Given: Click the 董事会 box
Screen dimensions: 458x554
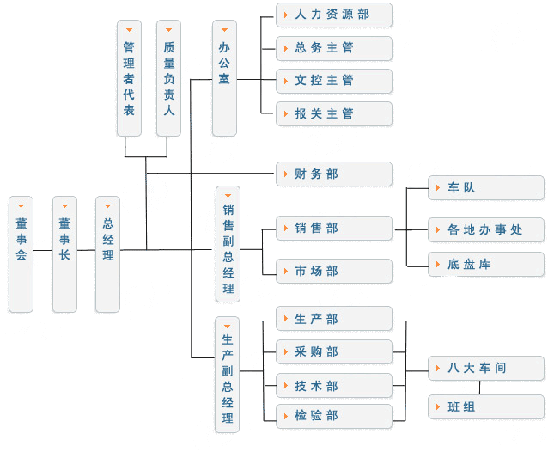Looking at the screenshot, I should [x=21, y=253].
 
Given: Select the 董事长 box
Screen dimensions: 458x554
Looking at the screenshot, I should [x=64, y=253].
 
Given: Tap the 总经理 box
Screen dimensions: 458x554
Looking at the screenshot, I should [x=107, y=253].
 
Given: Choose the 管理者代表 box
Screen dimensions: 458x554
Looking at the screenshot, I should [x=129, y=78].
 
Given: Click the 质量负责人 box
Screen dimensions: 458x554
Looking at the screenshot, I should [x=169, y=78].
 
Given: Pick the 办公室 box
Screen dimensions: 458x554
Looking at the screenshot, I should [x=224, y=78].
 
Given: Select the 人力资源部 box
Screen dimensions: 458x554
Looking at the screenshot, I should [x=334, y=15].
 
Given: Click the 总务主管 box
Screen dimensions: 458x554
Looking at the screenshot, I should [x=334, y=47].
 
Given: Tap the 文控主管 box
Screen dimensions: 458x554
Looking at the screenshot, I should [x=334, y=81].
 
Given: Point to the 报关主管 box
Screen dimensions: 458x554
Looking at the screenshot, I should [x=334, y=113].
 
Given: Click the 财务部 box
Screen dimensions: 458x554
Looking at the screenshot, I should [x=334, y=174].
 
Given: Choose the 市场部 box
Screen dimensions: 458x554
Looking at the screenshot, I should [x=334, y=272].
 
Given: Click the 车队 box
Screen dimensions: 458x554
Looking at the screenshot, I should [x=486, y=188].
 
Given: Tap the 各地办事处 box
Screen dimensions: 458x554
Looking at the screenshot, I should [x=486, y=229].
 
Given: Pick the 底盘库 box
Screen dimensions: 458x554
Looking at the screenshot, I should [x=486, y=264].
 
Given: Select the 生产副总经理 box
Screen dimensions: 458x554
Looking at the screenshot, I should [x=228, y=375].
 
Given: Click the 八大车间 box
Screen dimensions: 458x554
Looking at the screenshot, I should [x=486, y=369].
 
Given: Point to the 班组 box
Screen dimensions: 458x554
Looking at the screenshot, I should [x=486, y=407].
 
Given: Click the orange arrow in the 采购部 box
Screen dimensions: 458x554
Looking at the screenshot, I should [x=286, y=351].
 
